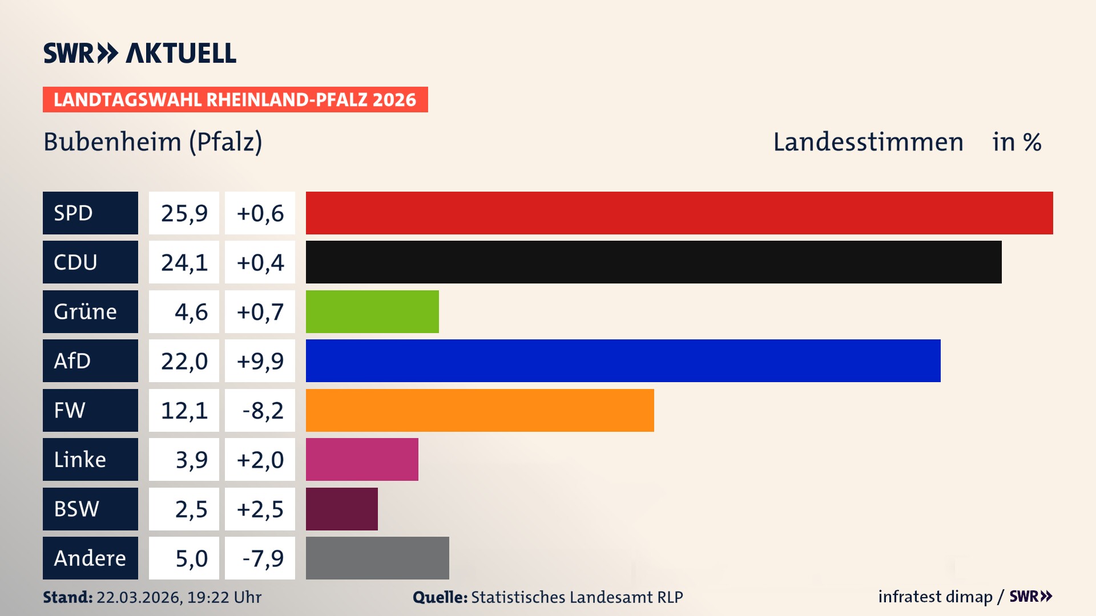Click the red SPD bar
tap(679, 213)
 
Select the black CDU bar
tap(654, 262)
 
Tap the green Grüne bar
tap(372, 311)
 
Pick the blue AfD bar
tap(623, 360)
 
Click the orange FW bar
tap(479, 410)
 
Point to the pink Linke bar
tap(362, 459)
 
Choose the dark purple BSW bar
tap(341, 509)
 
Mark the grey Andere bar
tap(377, 558)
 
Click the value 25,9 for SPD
tap(184, 213)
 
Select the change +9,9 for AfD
tap(260, 361)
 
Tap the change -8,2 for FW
tap(262, 411)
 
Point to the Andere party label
tap(90, 558)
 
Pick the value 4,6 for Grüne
tap(191, 312)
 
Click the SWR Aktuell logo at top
tap(140, 53)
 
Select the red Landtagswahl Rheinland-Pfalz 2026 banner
tap(235, 100)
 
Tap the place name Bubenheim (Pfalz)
tap(153, 142)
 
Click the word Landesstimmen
tap(868, 142)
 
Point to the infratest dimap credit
tap(935, 597)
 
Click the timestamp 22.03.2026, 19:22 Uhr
tap(179, 597)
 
